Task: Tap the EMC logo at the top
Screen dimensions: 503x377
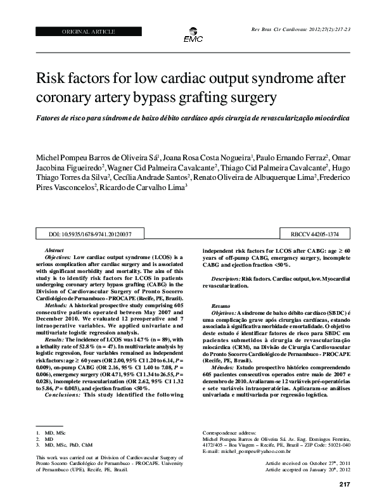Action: click(x=193, y=37)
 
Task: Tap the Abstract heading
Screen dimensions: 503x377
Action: click(x=55, y=251)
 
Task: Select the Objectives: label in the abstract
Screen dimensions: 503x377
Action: click(x=58, y=258)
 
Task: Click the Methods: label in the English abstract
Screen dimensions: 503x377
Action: click(x=55, y=304)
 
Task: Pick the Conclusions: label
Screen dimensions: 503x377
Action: click(x=61, y=395)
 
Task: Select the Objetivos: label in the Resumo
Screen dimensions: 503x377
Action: click(x=224, y=314)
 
